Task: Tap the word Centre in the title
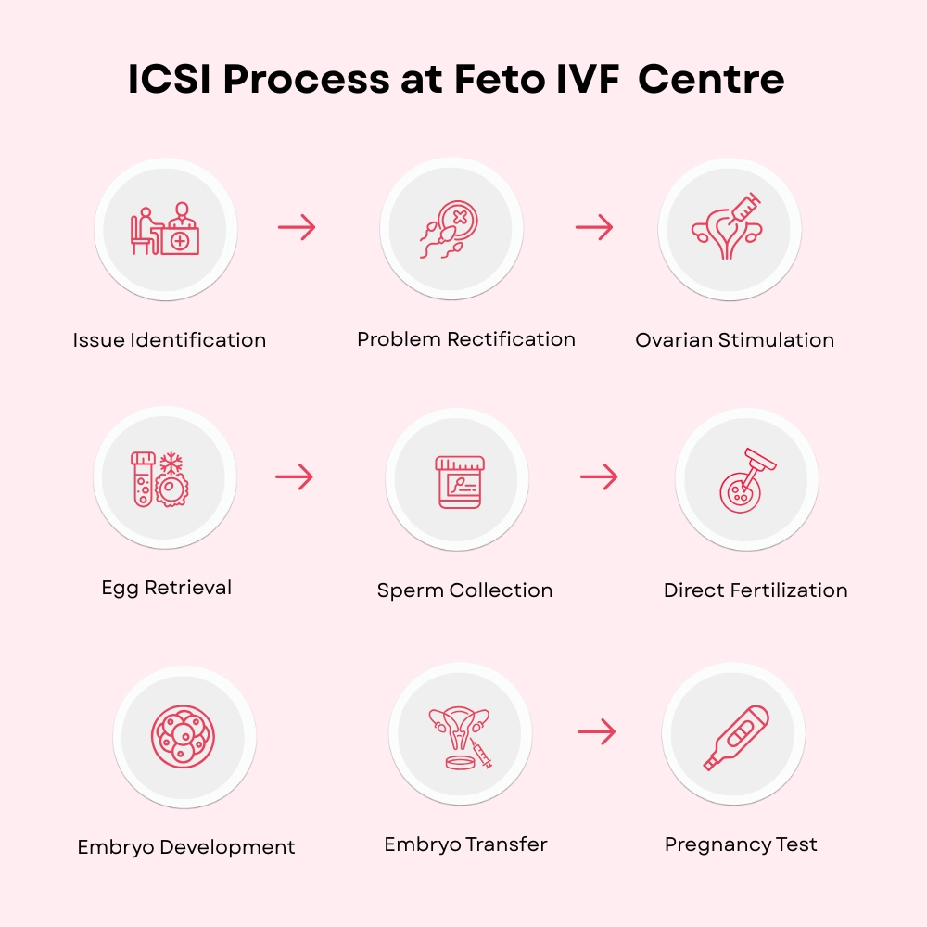pyautogui.click(x=711, y=81)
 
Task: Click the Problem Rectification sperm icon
pyautogui.click(x=451, y=229)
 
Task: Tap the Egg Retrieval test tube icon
pyautogui.click(x=142, y=478)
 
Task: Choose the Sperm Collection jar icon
pyautogui.click(x=460, y=481)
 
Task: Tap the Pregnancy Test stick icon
pyautogui.click(x=735, y=737)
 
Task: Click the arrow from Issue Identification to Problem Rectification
pyautogui.click(x=297, y=227)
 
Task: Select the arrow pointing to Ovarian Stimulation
pyautogui.click(x=594, y=227)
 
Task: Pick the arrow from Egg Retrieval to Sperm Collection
pyautogui.click(x=295, y=477)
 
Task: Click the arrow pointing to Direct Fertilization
pyautogui.click(x=599, y=477)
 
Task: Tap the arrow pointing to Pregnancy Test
pyautogui.click(x=597, y=731)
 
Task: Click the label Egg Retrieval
pyautogui.click(x=167, y=587)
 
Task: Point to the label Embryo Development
pyautogui.click(x=186, y=847)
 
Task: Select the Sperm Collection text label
pyautogui.click(x=464, y=590)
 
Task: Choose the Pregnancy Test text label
pyautogui.click(x=741, y=844)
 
